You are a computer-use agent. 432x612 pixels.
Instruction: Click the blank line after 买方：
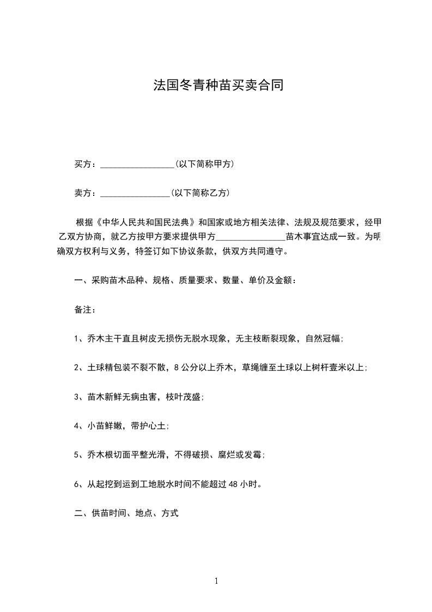pos(137,165)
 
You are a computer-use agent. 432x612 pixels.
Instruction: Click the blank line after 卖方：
pos(135,194)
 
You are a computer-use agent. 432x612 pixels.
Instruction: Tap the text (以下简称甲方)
pos(205,164)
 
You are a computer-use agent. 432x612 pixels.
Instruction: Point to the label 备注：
pos(85,309)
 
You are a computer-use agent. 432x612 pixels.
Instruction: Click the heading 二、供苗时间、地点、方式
pos(126,513)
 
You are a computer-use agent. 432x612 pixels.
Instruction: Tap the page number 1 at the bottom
pos(216,581)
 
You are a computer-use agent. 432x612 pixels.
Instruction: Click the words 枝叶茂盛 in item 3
pos(186,397)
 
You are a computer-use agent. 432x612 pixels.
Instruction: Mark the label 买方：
pos(85,164)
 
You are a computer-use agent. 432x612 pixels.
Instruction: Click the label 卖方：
pos(85,193)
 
